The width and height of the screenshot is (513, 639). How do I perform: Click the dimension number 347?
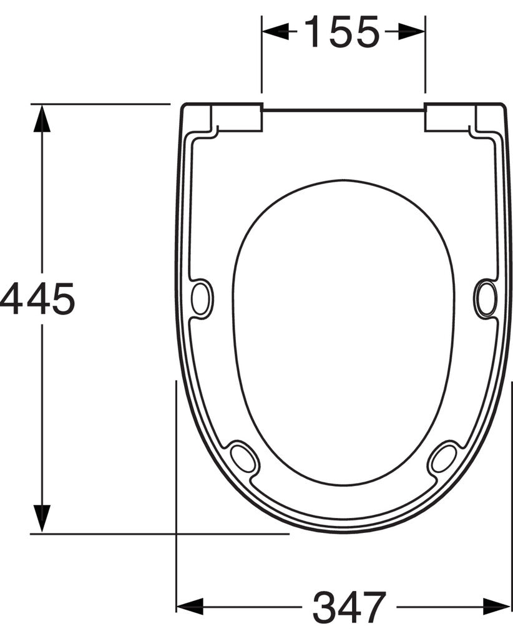[x=349, y=607]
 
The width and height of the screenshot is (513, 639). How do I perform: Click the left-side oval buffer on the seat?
[x=202, y=298]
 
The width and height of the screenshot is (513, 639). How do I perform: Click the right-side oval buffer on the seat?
[x=486, y=298]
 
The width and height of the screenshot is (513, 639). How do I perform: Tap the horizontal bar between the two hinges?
[x=343, y=110]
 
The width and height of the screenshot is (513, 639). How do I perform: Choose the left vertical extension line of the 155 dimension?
[x=261, y=62]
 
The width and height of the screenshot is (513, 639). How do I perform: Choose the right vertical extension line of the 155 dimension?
[x=426, y=62]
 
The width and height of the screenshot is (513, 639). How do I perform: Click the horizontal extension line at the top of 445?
[x=100, y=104]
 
